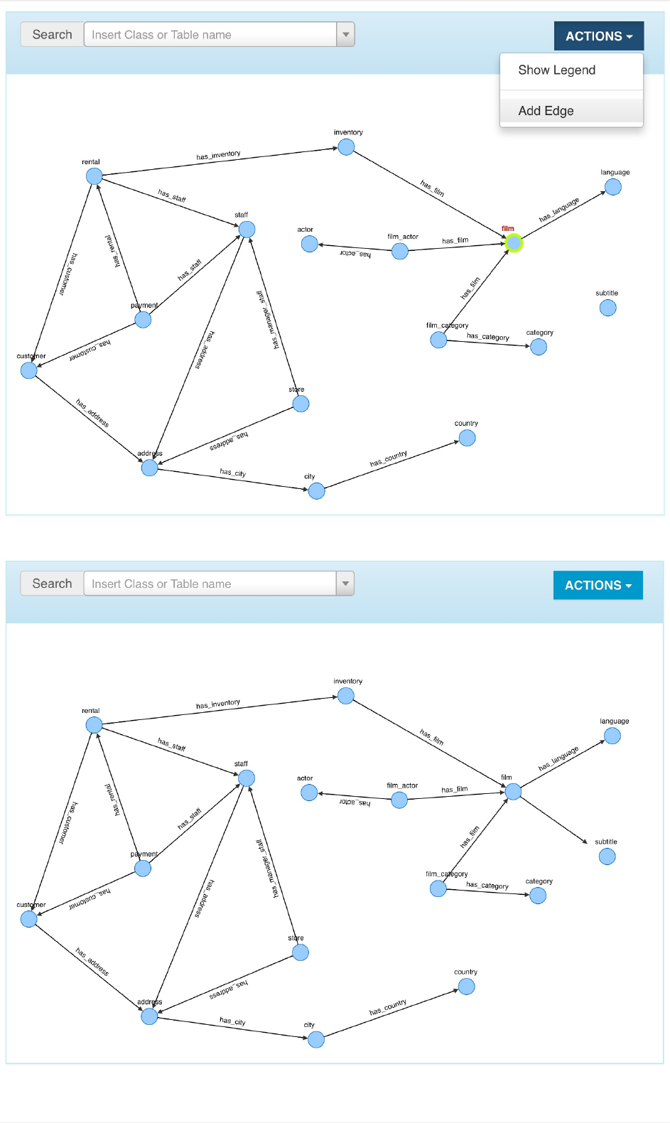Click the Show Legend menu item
tap(556, 70)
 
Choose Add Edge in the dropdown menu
tap(546, 111)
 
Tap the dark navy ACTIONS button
tap(598, 36)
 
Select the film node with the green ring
tap(514, 243)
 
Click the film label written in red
tap(507, 229)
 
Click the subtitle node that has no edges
tap(607, 308)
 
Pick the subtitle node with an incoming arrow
tap(607, 856)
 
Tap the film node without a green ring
tap(513, 792)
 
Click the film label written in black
tap(506, 778)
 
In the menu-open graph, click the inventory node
tap(346, 147)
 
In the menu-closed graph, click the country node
tap(466, 987)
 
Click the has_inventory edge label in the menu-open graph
tap(218, 155)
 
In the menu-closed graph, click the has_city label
tap(232, 1021)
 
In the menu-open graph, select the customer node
tap(29, 370)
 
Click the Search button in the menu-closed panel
tap(52, 584)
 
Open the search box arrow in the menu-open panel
tap(345, 34)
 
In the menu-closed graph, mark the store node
tap(301, 952)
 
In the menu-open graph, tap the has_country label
tap(388, 458)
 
